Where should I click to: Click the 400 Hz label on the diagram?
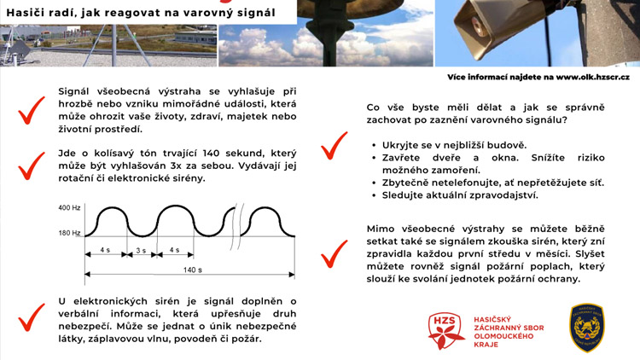[69, 208]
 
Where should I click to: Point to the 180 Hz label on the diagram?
[69, 233]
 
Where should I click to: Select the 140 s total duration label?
[193, 270]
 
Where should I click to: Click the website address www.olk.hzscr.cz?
[592, 77]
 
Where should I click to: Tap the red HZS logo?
[446, 330]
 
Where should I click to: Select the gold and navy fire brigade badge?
[587, 328]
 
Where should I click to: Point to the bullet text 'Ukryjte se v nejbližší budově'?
[455, 145]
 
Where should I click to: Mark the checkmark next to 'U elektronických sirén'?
[32, 317]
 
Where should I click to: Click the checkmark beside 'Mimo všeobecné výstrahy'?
[334, 253]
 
